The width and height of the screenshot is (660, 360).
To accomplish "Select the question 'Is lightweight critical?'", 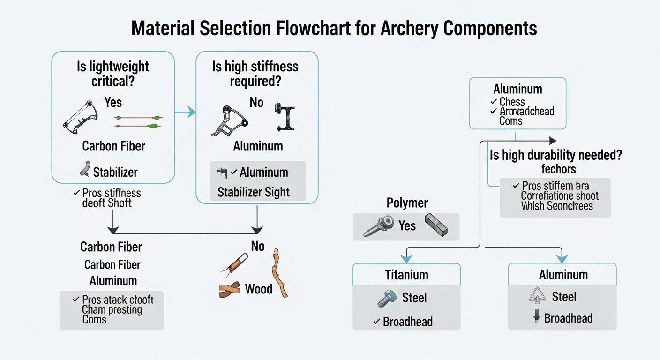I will [112, 74].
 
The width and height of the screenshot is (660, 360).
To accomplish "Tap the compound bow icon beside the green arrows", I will [81, 116].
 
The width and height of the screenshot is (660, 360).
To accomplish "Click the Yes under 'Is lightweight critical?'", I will [113, 102].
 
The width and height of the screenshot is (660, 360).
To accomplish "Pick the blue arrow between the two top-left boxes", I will [185, 112].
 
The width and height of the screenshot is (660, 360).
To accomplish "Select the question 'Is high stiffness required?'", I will [255, 74].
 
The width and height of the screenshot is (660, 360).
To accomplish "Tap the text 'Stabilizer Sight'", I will [254, 192].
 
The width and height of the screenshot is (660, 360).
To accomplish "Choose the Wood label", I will [258, 288].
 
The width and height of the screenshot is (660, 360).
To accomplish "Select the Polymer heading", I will [407, 203].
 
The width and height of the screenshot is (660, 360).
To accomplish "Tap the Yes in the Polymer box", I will [407, 226].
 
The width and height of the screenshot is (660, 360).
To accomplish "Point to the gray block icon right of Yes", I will [436, 224].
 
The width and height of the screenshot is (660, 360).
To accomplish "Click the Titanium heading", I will [406, 274].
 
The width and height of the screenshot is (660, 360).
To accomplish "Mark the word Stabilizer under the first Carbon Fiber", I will [115, 172].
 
